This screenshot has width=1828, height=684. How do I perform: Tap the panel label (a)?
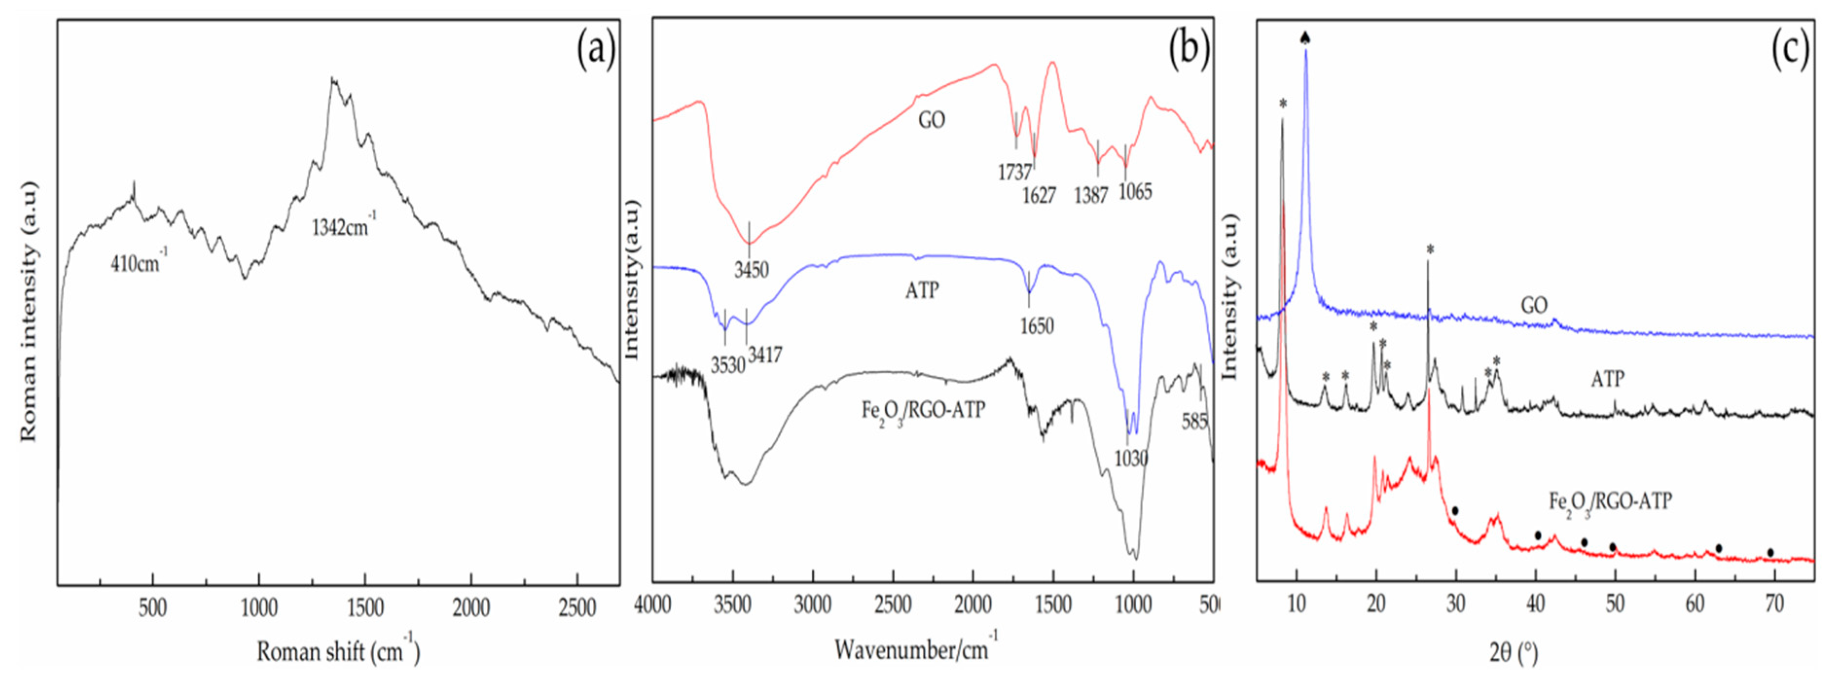point(595,51)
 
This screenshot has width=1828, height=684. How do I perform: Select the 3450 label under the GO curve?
point(751,270)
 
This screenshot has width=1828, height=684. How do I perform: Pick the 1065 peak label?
point(1135,191)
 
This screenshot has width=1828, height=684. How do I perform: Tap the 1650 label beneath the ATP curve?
point(1037,326)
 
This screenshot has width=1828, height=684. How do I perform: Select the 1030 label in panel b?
point(1130,458)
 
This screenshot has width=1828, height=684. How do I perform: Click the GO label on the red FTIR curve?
point(932,120)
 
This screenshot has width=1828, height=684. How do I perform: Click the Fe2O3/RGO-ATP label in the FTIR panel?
point(923,410)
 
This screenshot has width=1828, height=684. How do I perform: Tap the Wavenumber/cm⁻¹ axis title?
point(915,649)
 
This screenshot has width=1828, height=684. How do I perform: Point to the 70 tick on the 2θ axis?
point(1774,605)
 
